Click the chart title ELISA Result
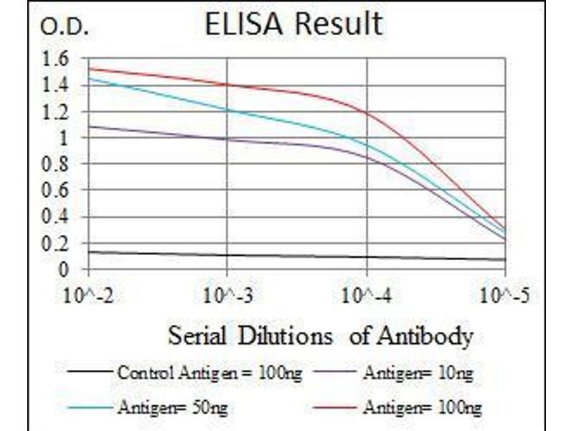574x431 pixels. [x=293, y=24]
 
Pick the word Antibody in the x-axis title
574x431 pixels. [x=430, y=335]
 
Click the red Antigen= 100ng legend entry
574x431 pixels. [x=423, y=407]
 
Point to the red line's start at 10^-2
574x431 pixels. [x=89, y=69]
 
